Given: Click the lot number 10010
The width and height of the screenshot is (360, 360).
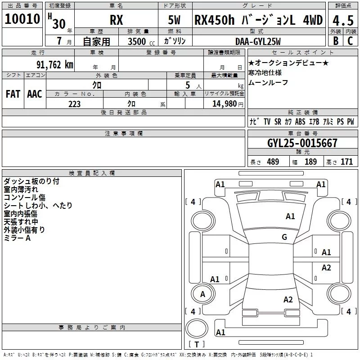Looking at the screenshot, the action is tap(22, 19).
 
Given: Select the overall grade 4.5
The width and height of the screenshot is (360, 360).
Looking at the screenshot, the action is tap(343, 20).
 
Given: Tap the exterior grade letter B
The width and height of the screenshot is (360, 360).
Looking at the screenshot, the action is tap(336, 41).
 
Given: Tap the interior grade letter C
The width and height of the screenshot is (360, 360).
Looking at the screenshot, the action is tap(350, 41).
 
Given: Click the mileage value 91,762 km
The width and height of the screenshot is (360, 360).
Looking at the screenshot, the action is tap(54, 65).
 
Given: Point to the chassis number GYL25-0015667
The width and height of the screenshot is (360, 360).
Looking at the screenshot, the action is tap(302, 143).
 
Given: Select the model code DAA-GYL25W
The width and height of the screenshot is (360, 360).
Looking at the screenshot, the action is tap(258, 41).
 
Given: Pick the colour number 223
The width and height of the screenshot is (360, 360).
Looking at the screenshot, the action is tap(74, 104).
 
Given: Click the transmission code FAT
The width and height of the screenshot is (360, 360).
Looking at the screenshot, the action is tap(13, 94).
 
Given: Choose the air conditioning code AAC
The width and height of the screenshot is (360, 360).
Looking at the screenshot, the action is tap(35, 94).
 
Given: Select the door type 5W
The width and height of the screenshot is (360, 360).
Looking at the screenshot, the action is tap(174, 20).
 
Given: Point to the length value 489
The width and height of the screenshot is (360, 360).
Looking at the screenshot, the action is tap(273, 162).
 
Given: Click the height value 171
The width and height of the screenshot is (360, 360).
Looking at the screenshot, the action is tap(346, 162).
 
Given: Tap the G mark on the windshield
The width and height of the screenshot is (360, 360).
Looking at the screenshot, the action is tap(284, 237).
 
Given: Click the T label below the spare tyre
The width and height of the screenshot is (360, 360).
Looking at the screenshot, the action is tap(197, 344).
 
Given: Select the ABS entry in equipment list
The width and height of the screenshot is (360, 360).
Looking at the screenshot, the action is tap(300, 121).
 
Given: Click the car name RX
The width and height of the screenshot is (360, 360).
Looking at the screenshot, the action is tap(117, 20).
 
